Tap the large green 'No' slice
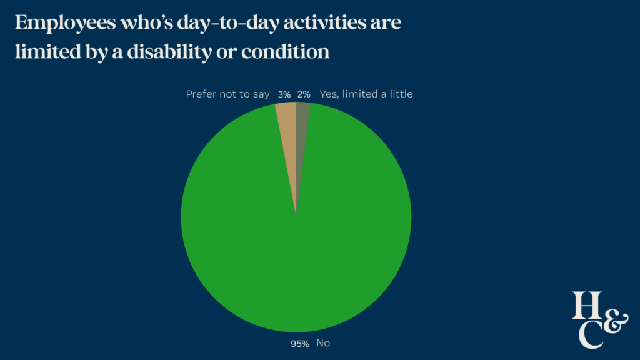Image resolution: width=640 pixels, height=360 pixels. click(296, 245)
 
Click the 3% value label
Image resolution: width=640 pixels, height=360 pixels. click(284, 95)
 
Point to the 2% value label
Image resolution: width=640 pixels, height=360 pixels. click(304, 95)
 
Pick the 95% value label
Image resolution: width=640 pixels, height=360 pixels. click(299, 344)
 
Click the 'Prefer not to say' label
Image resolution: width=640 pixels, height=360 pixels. click(227, 94)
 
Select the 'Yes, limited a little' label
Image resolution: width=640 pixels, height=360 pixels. click(366, 94)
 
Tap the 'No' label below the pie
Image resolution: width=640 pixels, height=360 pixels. click(323, 343)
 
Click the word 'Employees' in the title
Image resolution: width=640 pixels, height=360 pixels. click(65, 23)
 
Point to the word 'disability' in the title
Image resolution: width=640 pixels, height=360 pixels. click(169, 52)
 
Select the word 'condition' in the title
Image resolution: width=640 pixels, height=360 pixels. click(285, 52)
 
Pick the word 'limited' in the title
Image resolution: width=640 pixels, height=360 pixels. click(48, 52)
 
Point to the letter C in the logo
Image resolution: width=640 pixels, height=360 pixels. click(591, 335)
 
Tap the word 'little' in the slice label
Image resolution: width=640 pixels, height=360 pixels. click(401, 94)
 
